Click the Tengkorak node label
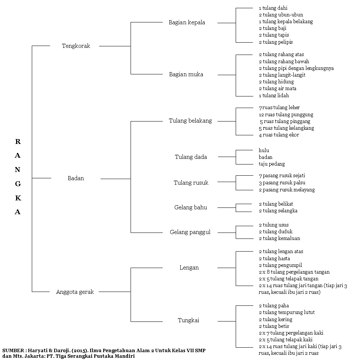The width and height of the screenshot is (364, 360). pyautogui.click(x=76, y=46)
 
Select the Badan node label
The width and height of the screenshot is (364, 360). pyautogui.click(x=76, y=178)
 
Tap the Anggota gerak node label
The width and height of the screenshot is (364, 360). pyautogui.click(x=75, y=292)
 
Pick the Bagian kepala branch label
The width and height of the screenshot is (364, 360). pyautogui.click(x=187, y=22)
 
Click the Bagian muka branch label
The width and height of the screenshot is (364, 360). pyautogui.click(x=186, y=74)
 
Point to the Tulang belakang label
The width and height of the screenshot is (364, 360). pyautogui.click(x=190, y=121)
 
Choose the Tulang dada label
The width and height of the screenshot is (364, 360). pyautogui.click(x=191, y=157)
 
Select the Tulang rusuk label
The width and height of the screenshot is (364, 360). pyautogui.click(x=191, y=183)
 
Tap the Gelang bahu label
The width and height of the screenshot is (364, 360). pyautogui.click(x=190, y=207)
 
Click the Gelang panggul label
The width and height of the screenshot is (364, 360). pyautogui.click(x=190, y=232)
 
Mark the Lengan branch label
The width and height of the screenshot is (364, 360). pyautogui.click(x=189, y=268)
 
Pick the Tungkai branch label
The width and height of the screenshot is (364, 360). pyautogui.click(x=189, y=321)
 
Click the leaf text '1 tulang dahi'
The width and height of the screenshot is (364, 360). pyautogui.click(x=273, y=8)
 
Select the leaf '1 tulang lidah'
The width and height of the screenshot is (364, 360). pyautogui.click(x=274, y=95)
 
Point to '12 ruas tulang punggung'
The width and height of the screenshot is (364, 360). pyautogui.click(x=286, y=114)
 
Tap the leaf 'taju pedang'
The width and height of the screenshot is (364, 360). pyautogui.click(x=272, y=164)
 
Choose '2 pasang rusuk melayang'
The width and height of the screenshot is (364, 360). pyautogui.click(x=287, y=190)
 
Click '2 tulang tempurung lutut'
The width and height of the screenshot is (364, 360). pyautogui.click(x=287, y=313)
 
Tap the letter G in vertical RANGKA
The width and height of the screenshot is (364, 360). pyautogui.click(x=18, y=184)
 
